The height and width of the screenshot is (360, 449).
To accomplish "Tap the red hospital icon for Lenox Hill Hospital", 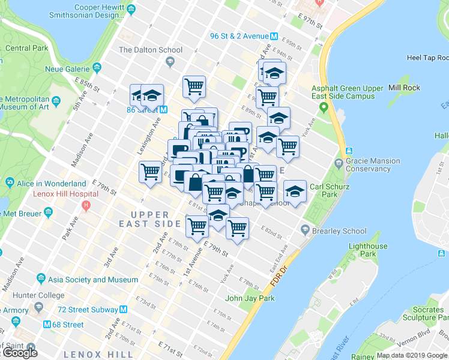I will tap(86, 205).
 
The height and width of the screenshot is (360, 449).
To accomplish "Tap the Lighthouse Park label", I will tap(368, 250).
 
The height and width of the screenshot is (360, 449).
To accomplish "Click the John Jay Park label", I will tap(250, 298).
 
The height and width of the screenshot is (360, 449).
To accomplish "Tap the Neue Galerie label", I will tap(67, 69).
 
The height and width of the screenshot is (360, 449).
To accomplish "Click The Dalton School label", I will tap(142, 50).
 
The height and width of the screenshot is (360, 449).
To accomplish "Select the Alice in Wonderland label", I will tap(52, 183).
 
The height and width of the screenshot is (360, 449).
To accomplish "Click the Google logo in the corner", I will tap(20, 352).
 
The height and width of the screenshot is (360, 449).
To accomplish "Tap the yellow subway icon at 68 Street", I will tap(47, 325).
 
